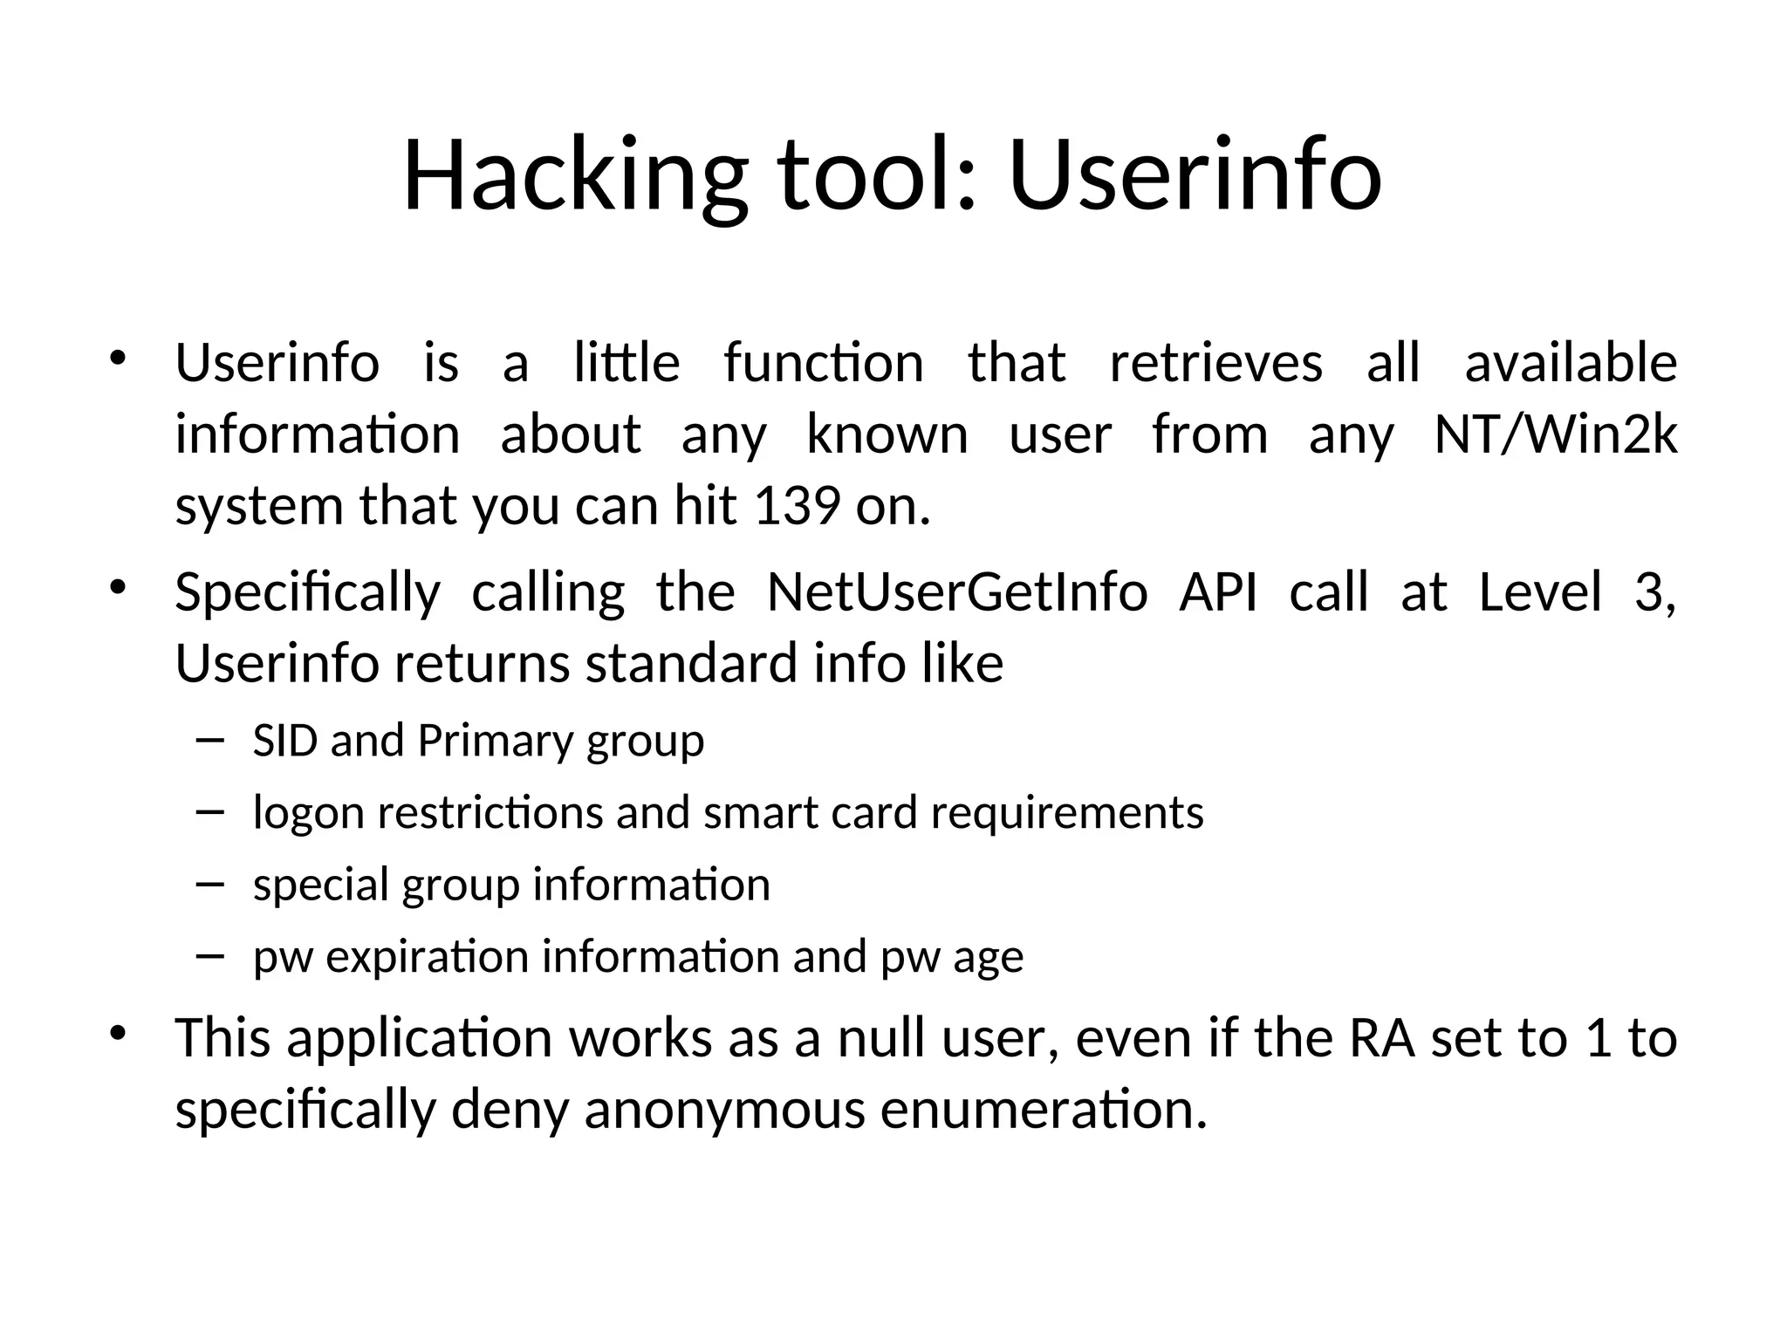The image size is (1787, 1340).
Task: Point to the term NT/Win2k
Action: tap(1555, 434)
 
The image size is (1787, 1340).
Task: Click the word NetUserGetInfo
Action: tap(956, 592)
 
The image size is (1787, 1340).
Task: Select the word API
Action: tap(1217, 592)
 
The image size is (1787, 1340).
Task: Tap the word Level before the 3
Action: tap(1541, 592)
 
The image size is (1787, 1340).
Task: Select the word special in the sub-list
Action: tap(319, 886)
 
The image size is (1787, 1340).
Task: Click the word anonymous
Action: tap(724, 1111)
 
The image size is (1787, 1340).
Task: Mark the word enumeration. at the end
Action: tap(1044, 1110)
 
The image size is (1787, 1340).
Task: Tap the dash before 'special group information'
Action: tap(210, 884)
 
